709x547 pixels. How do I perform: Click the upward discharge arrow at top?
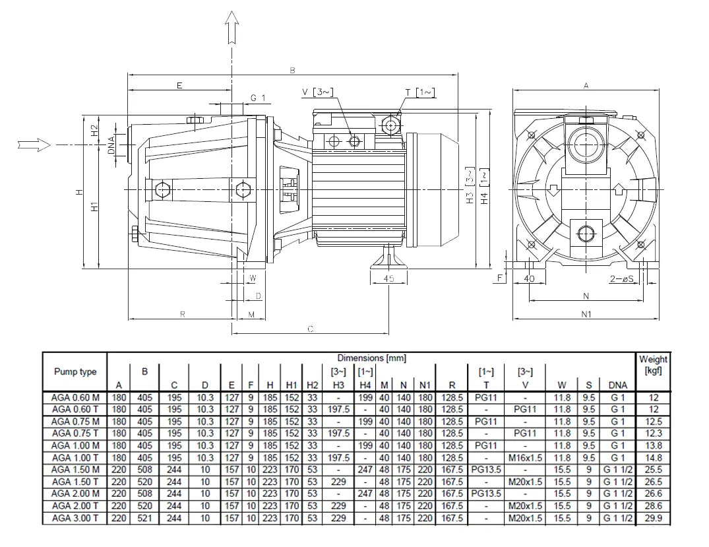[x=232, y=27]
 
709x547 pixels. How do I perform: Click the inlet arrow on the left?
[x=34, y=145]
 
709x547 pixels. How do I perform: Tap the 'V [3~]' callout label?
[x=318, y=92]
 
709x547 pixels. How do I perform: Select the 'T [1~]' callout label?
[x=420, y=92]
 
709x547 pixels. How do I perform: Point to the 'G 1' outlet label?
[x=258, y=98]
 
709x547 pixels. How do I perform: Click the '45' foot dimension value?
[x=389, y=278]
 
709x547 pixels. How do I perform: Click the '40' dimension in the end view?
[x=529, y=278]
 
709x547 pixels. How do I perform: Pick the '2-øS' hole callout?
[x=622, y=278]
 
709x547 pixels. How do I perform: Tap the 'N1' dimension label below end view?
[x=586, y=313]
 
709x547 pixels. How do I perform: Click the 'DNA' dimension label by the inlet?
[x=111, y=145]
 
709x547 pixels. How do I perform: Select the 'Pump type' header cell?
[x=75, y=372]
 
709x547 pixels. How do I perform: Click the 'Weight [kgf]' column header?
[x=653, y=365]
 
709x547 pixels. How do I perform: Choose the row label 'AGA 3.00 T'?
[x=75, y=518]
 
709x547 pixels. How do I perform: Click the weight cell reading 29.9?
[x=654, y=518]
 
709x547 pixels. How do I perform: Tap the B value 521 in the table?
[x=144, y=518]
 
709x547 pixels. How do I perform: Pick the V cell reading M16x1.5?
[x=525, y=458]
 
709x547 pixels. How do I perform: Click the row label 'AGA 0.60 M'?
[x=75, y=398]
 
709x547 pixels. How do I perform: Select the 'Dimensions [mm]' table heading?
[x=372, y=358]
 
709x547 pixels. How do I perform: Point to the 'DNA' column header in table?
[x=618, y=385]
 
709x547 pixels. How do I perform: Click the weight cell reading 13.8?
[x=654, y=445]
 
